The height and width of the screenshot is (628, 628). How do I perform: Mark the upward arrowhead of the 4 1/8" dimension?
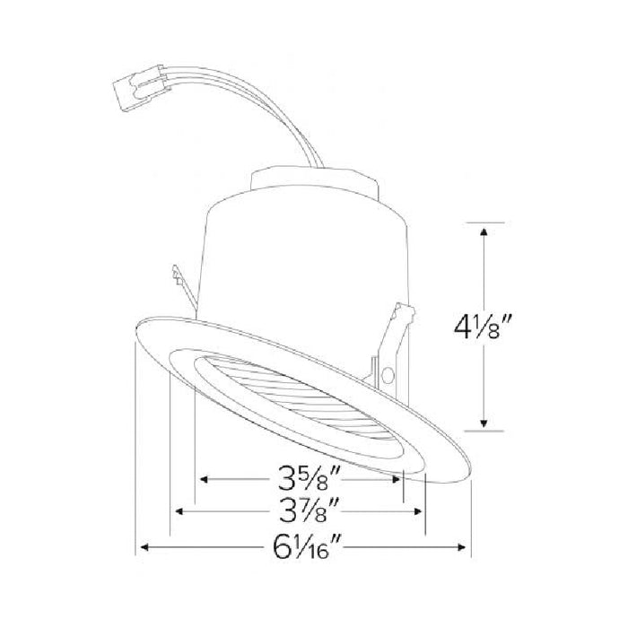[x=485, y=231]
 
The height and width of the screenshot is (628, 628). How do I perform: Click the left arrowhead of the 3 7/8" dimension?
[x=179, y=512]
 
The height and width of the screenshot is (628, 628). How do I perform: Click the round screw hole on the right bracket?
[x=388, y=374]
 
